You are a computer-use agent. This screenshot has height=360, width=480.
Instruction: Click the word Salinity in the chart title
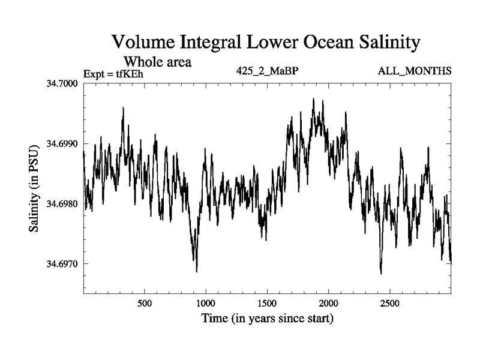389,42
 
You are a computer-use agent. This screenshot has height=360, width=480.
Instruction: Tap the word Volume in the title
143,41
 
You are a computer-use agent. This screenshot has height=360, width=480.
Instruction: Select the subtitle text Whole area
158,62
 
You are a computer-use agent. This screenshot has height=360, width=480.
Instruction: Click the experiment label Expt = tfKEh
113,74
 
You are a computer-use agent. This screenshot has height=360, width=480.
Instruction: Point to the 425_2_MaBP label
267,71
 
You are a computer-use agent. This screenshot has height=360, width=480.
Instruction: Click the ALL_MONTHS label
415,71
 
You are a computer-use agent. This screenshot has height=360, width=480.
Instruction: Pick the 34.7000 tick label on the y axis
62,83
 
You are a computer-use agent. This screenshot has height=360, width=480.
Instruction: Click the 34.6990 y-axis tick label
62,143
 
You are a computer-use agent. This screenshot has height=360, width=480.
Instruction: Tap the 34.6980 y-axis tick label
62,203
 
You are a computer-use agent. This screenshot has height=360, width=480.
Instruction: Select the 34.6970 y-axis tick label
62,263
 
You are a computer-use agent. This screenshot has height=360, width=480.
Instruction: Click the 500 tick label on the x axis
145,304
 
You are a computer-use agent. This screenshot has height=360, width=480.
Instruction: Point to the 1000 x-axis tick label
206,304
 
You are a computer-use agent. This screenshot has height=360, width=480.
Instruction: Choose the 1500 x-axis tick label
267,304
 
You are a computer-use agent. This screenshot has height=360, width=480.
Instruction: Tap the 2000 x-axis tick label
328,304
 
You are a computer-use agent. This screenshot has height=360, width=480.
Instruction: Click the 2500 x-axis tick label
389,304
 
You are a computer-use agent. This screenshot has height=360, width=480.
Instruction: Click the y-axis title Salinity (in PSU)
34,188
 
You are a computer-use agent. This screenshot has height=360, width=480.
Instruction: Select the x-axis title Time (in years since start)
267,319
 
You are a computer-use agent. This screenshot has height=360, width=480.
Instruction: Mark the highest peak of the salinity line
313,98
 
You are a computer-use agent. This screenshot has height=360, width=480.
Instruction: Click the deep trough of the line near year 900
197,272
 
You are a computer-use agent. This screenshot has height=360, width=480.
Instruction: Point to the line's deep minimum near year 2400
381,274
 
